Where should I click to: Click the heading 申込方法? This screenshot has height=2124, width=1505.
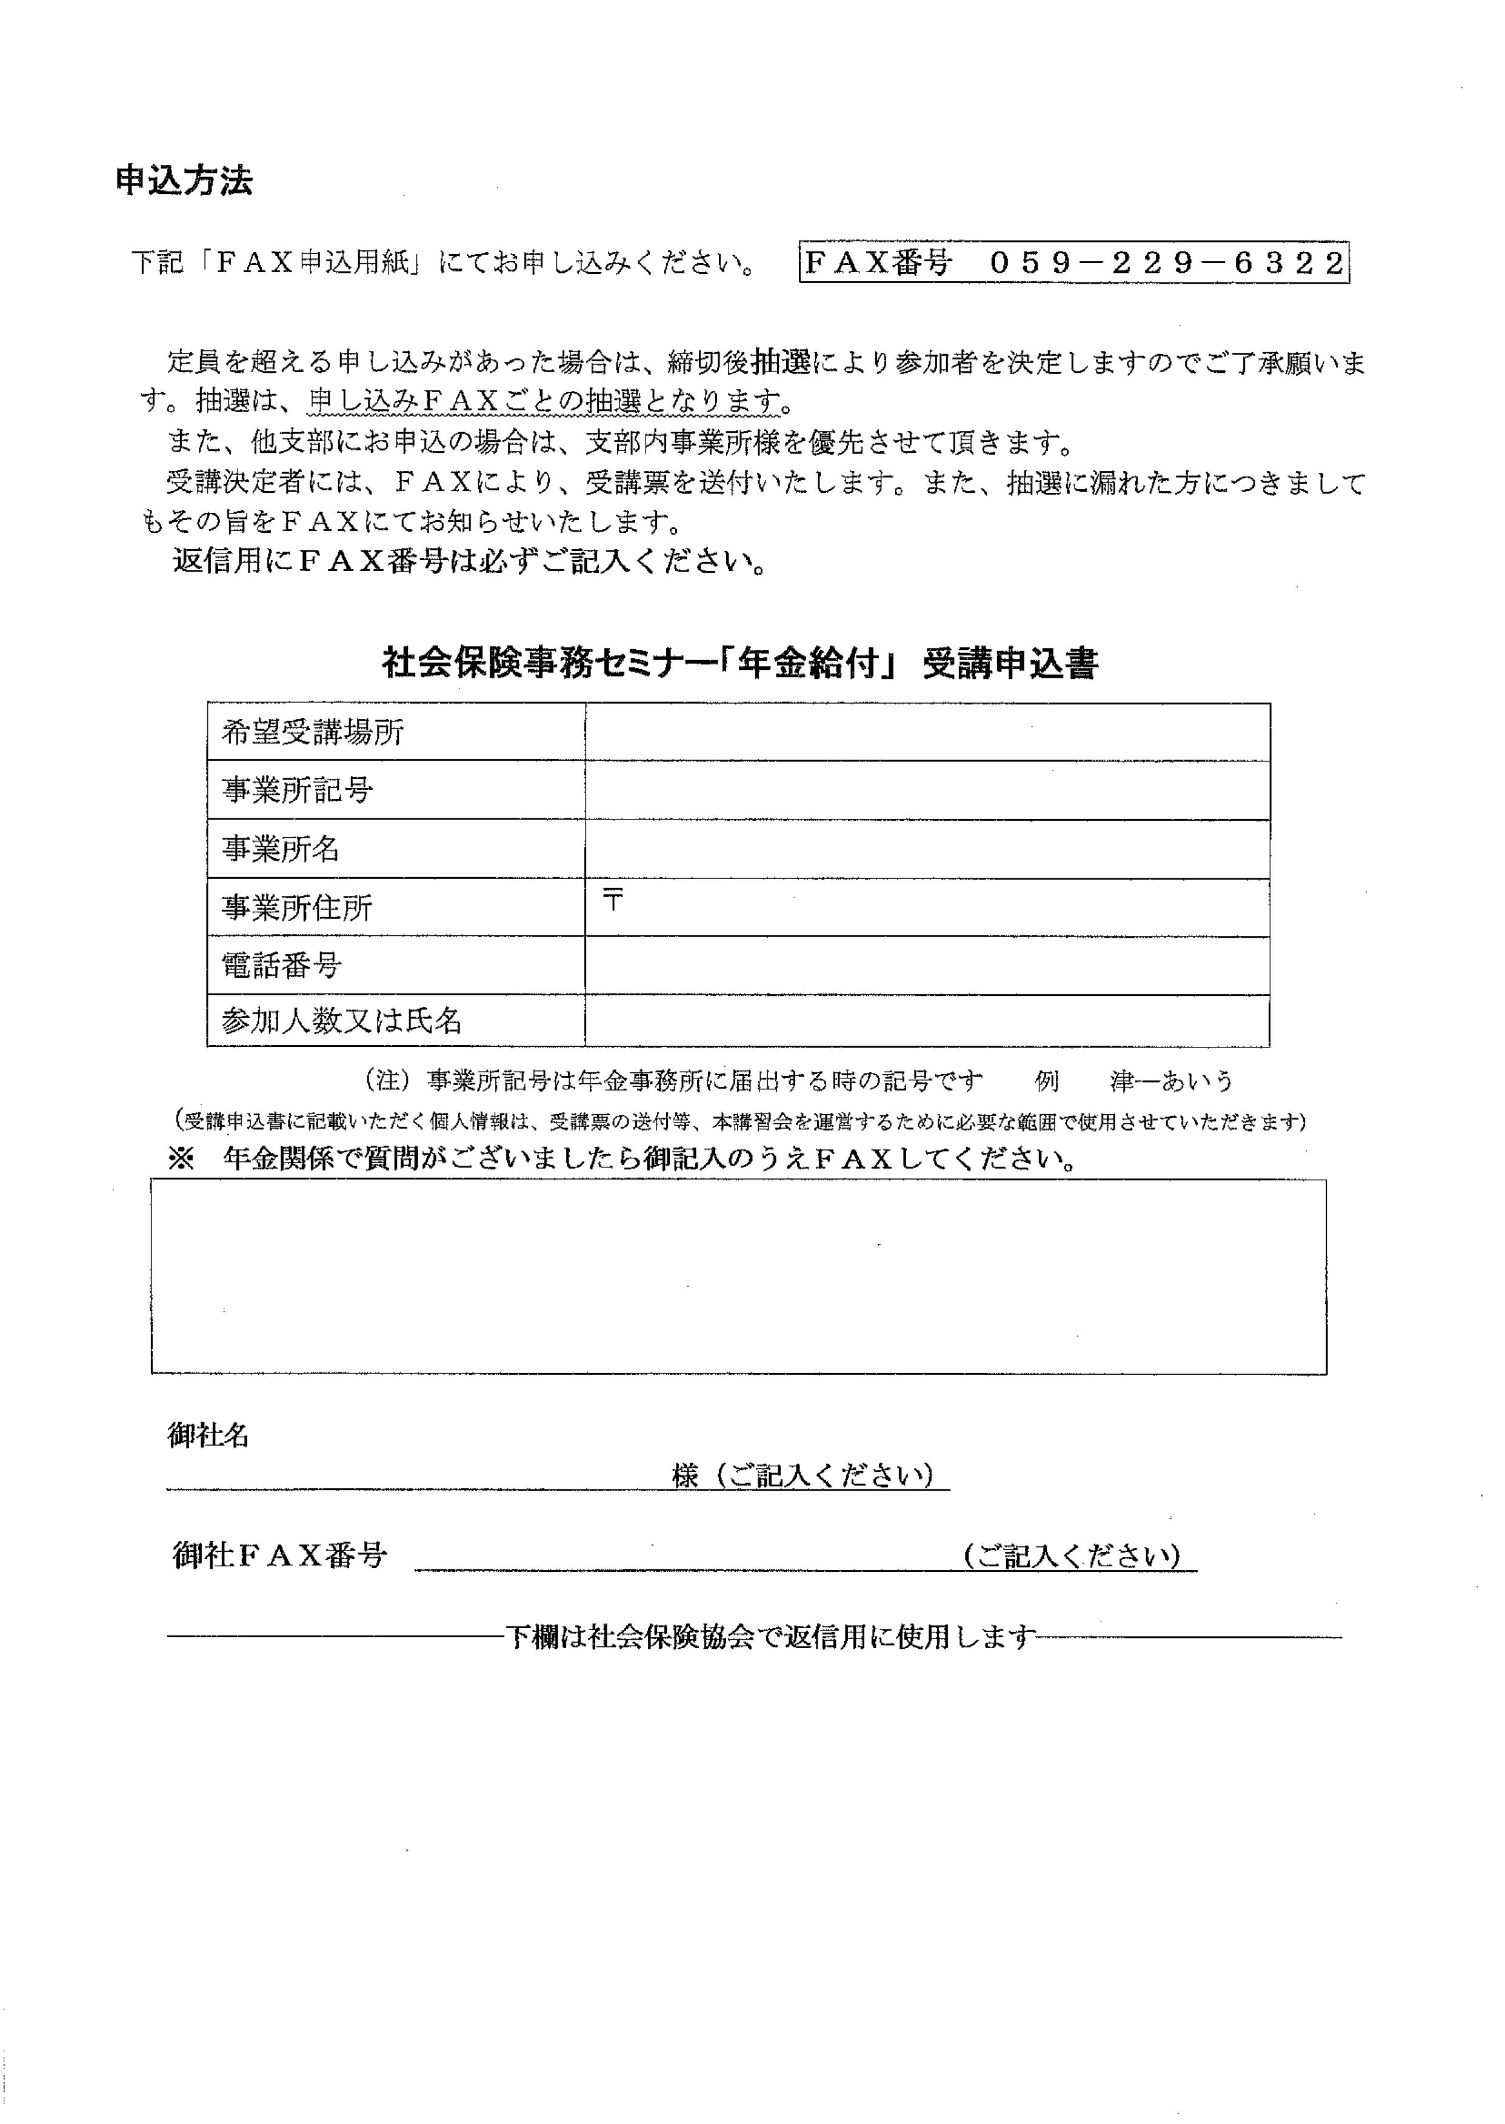(x=184, y=182)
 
